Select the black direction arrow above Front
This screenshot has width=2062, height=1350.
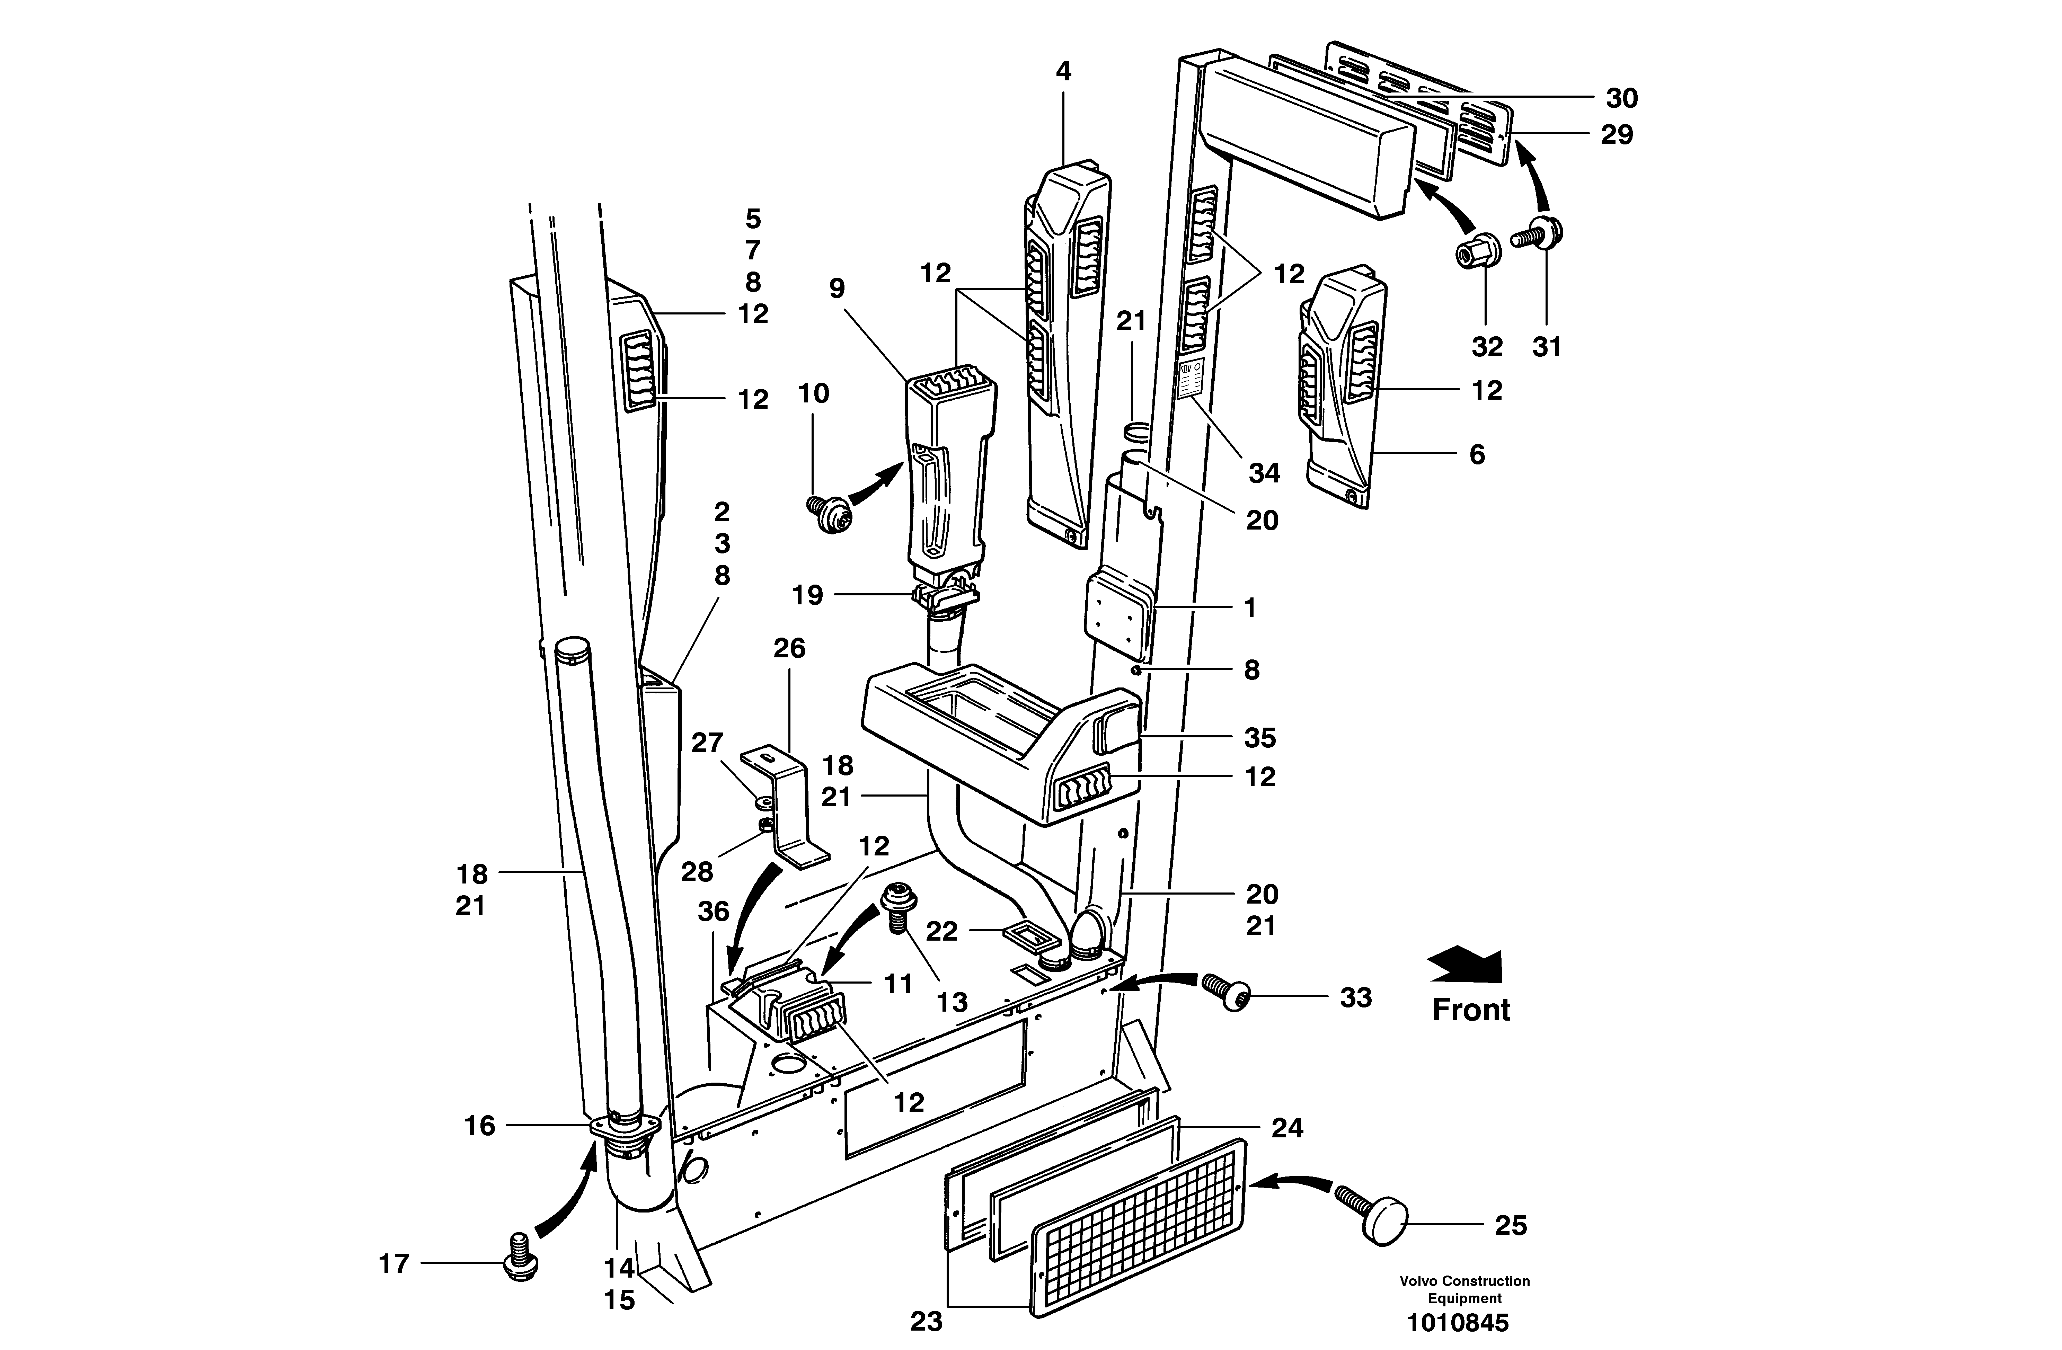pyautogui.click(x=1465, y=965)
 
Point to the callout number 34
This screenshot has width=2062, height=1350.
pyautogui.click(x=1264, y=473)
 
